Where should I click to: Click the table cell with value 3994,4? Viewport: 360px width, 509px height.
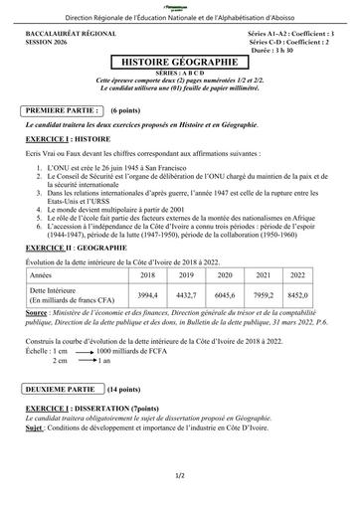tap(147, 296)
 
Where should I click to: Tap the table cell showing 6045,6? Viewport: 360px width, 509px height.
tap(228, 296)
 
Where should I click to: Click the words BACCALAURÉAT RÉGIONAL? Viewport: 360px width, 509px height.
tap(69, 34)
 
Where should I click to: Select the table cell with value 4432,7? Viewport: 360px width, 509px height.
tap(188, 296)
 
